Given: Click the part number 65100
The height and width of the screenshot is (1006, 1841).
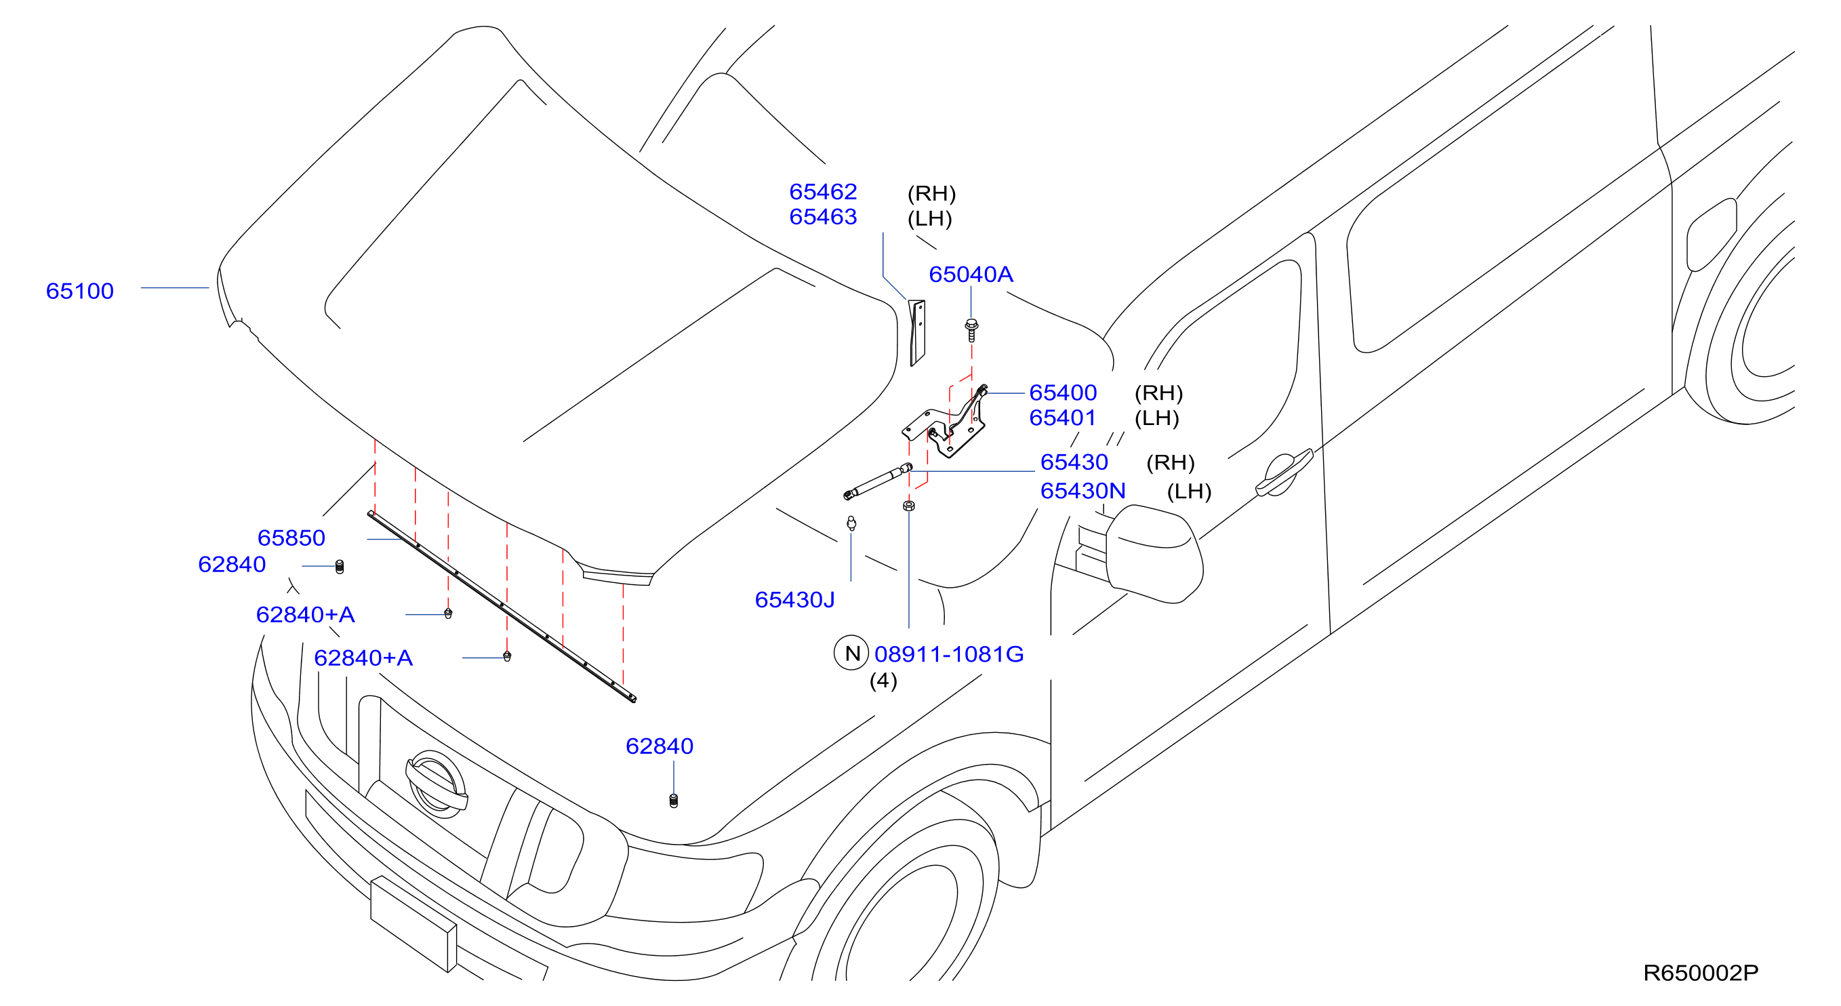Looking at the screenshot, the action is coord(79,291).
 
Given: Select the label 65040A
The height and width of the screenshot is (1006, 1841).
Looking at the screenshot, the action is coord(971,275).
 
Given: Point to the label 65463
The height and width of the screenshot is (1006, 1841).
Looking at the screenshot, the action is coord(823,216).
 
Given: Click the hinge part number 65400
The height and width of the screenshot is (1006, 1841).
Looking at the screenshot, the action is coord(1063,393).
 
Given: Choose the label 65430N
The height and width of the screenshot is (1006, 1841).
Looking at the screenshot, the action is coord(1083,491).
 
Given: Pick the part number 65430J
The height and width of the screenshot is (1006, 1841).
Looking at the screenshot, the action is coord(794,599).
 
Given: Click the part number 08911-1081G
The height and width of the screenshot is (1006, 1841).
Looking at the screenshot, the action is coord(949,653).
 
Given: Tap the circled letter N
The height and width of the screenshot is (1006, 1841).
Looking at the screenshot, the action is coord(851,653).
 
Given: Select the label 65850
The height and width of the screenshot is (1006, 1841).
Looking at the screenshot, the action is coord(291,538).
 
